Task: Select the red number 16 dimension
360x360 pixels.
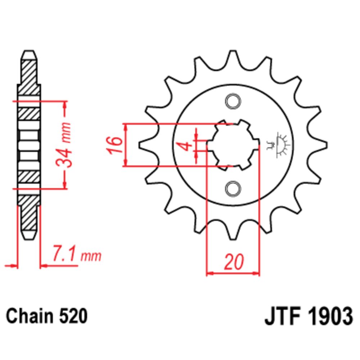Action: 114,145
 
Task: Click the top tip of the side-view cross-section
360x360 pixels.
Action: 29,54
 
